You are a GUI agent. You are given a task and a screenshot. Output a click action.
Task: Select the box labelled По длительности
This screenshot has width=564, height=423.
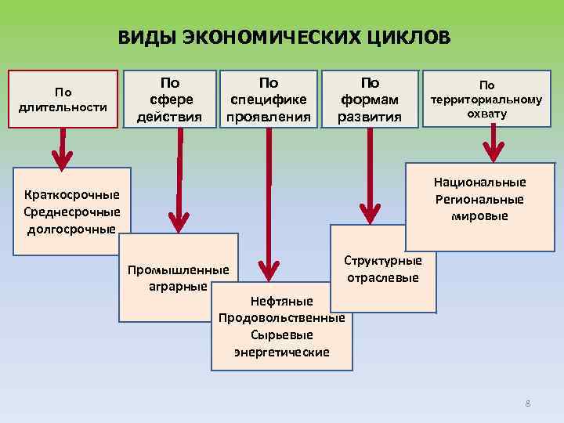point(63,99)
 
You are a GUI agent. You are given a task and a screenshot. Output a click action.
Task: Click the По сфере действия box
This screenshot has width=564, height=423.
point(169,99)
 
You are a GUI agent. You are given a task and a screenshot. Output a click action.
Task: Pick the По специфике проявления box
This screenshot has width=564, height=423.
point(269,99)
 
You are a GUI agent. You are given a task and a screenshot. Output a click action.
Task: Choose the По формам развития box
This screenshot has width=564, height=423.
point(369,99)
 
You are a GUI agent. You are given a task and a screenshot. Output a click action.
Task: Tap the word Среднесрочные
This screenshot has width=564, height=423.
point(72,211)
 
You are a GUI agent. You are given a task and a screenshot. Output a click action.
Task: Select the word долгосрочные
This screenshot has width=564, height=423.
point(71,229)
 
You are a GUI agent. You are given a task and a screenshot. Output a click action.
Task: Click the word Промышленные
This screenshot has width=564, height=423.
point(178,270)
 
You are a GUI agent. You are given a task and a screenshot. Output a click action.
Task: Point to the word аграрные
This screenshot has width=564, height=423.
point(178,286)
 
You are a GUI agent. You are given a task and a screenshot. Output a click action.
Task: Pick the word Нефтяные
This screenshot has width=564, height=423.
point(281,302)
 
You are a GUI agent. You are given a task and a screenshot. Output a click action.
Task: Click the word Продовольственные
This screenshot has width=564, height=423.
point(281,318)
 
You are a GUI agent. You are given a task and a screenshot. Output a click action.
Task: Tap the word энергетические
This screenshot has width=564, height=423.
point(281,352)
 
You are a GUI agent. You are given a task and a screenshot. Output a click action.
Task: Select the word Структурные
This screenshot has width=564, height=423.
point(383,261)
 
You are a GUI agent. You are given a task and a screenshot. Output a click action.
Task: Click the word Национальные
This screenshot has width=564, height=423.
point(480,182)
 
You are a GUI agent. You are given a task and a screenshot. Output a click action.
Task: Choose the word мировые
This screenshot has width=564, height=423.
point(480,215)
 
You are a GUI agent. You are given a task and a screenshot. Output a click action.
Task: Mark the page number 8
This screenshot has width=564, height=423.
point(528,403)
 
